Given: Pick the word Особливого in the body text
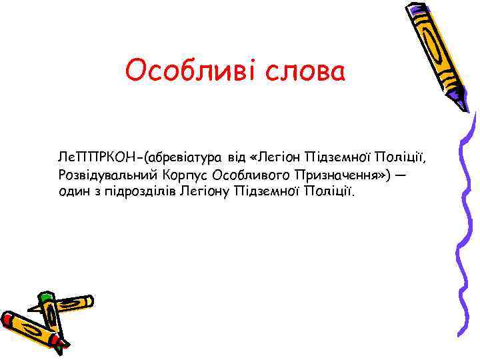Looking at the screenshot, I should pos(246,175).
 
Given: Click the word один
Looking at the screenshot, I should pos(73,192).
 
